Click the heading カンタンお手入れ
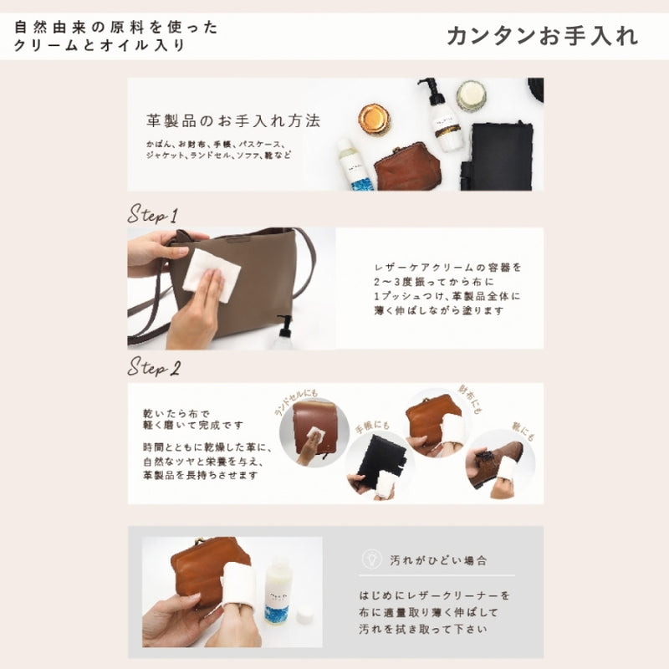coord(542,36)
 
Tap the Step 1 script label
coord(153,214)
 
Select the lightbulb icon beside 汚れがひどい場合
coord(367,559)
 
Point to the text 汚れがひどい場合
coord(438,559)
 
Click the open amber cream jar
coord(375,119)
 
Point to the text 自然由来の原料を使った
coord(116,27)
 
